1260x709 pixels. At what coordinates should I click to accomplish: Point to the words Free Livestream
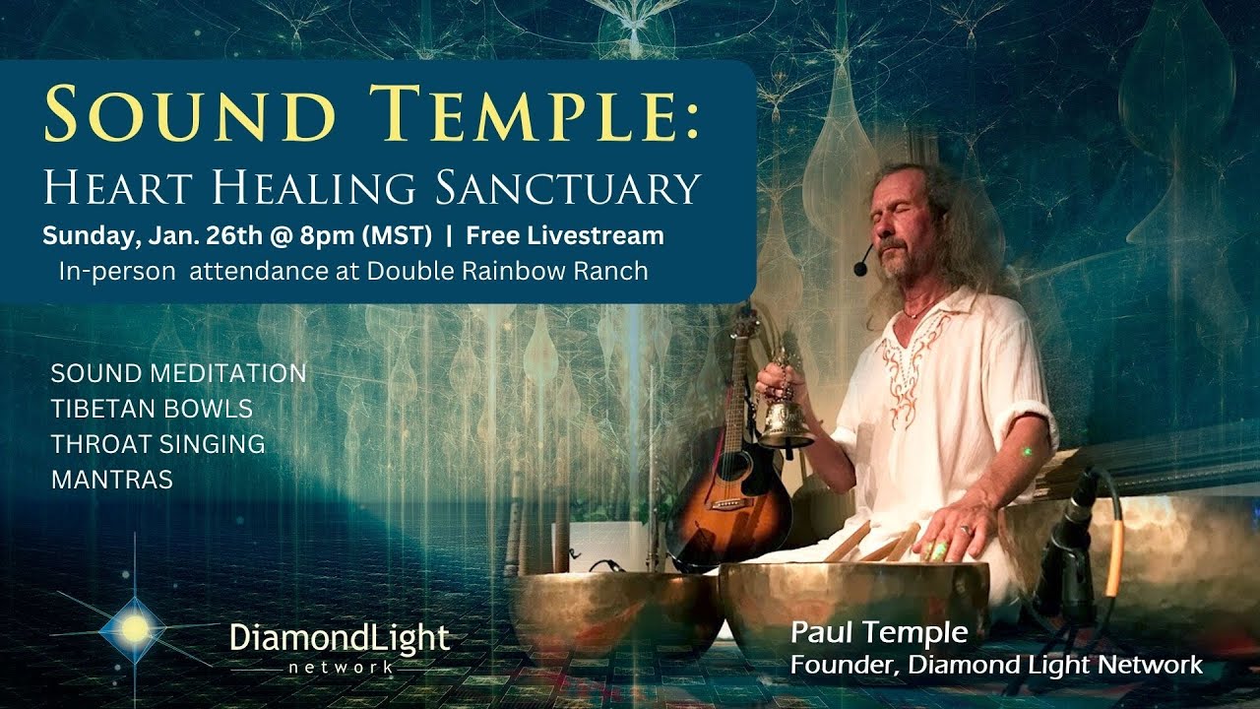pos(565,236)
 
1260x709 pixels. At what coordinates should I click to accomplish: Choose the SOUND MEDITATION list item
pos(178,374)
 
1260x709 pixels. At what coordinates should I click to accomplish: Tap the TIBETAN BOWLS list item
pos(152,409)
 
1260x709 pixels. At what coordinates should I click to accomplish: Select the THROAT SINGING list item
pos(157,444)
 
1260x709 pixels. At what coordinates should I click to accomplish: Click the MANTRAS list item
pos(111,480)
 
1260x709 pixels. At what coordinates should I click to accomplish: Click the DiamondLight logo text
pos(340,638)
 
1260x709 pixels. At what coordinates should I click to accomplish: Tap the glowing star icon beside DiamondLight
pos(135,627)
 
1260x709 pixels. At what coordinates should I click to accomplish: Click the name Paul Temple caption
pos(879,632)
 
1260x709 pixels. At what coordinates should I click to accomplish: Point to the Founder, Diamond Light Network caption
pos(995,666)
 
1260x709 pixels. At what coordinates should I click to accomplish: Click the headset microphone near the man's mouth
pos(863,264)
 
